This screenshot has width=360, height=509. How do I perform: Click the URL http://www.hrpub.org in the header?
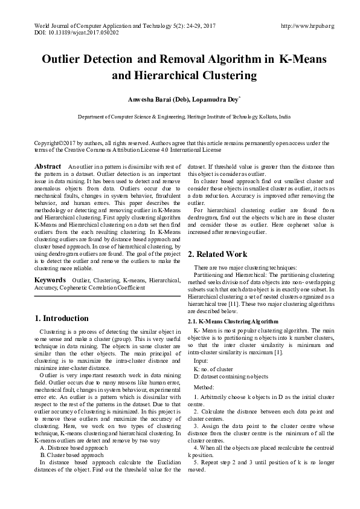307,26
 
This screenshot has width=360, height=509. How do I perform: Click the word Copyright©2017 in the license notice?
57,143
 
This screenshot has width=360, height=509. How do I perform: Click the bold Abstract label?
48,166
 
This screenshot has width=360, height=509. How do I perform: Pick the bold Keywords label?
50,280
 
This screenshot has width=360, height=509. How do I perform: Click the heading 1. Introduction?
61,319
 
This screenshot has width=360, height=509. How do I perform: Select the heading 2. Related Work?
217,254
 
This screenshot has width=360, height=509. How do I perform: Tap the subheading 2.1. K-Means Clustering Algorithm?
233,322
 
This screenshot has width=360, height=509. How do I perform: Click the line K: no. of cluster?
213,368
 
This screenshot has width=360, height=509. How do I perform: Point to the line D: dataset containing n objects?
231,376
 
